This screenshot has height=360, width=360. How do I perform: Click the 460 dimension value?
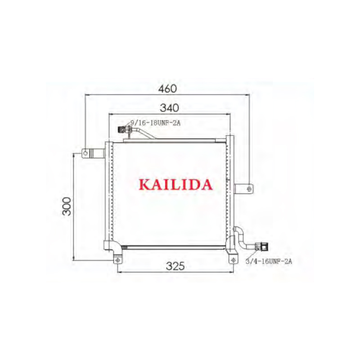click(x=167, y=89)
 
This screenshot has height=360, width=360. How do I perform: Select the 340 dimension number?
click(x=170, y=108)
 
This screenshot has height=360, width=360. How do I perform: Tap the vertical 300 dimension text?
click(x=67, y=206)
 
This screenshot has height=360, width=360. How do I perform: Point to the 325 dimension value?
click(x=175, y=266)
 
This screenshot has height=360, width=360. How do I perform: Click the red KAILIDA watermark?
click(x=175, y=185)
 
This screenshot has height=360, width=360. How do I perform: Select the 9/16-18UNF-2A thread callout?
click(x=155, y=123)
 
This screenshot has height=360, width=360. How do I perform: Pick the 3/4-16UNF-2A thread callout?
click(x=269, y=261)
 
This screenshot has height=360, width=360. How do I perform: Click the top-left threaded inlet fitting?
click(x=124, y=130)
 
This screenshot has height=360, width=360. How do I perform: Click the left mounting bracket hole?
click(x=85, y=153)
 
